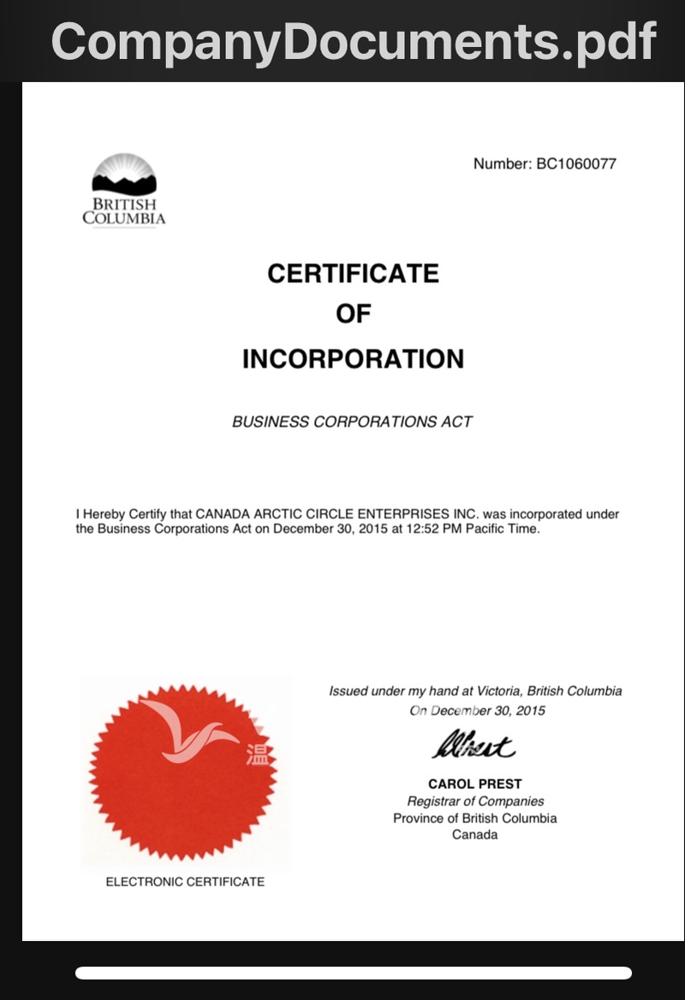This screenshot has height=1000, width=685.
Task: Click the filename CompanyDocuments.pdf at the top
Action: [353, 40]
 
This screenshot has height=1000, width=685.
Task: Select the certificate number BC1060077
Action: [575, 163]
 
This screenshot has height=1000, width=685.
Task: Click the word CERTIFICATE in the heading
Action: [353, 274]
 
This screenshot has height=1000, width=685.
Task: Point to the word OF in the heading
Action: [353, 314]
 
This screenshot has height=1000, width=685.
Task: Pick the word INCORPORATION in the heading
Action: [353, 359]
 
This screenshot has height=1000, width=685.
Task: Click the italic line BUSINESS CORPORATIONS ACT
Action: [352, 422]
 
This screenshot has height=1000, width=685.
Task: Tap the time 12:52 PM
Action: [425, 529]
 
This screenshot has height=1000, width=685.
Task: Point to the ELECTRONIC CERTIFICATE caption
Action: [185, 881]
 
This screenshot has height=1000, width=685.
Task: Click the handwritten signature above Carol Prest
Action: [473, 747]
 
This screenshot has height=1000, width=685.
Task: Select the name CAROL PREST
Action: [474, 784]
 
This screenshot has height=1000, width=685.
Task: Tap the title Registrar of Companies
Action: [475, 802]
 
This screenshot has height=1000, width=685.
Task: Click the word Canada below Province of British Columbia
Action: [474, 834]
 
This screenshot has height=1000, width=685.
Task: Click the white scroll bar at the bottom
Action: [353, 973]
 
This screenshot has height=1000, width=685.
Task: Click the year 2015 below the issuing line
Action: [530, 711]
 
